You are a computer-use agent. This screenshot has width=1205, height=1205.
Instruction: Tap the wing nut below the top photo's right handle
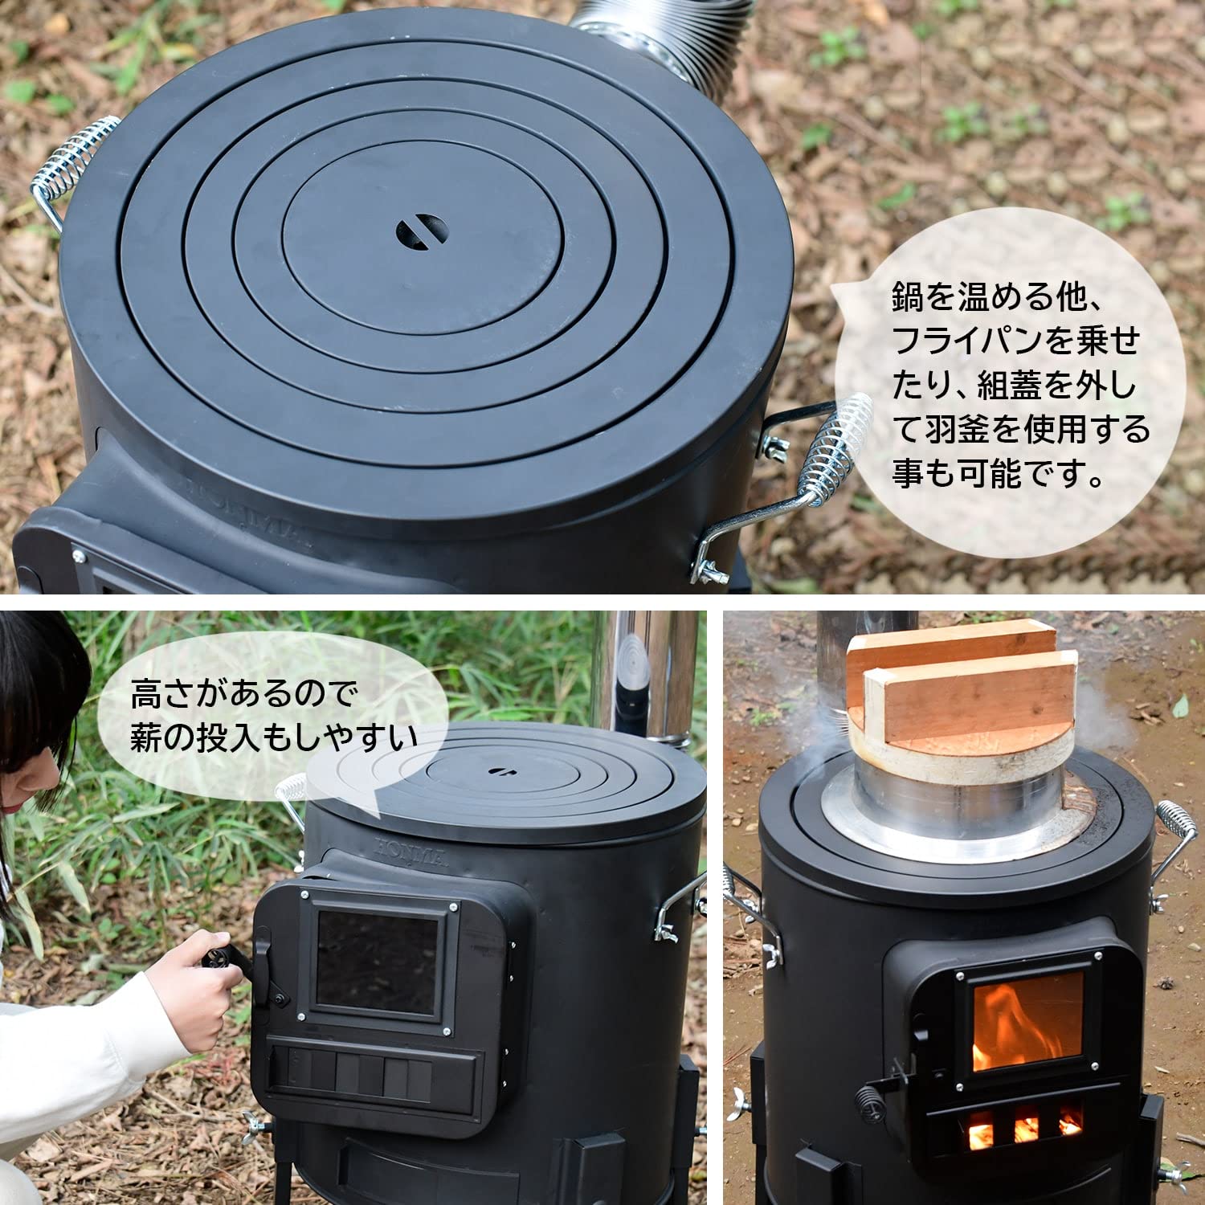pyautogui.click(x=711, y=570)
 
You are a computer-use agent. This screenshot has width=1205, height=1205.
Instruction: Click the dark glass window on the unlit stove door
pyautogui.click(x=377, y=962)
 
